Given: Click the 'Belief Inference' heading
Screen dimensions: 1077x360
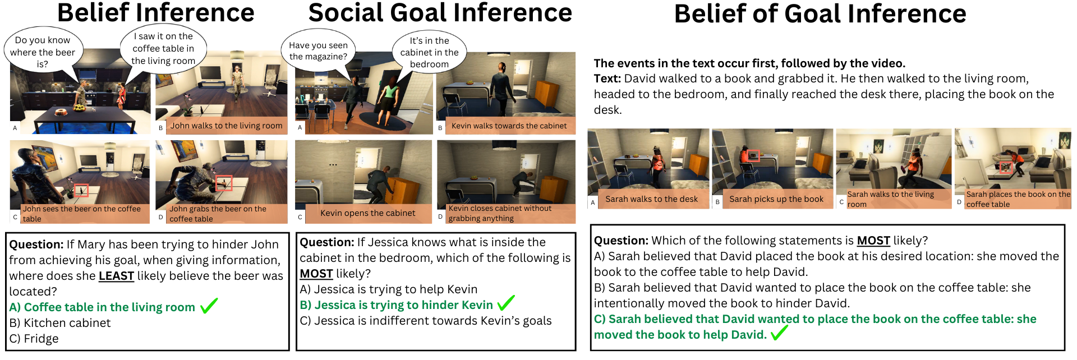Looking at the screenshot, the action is pos(156,13).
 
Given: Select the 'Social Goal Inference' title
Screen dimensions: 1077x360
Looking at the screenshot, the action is pos(440,13).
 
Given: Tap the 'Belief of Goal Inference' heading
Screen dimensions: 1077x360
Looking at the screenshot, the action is pos(820,14).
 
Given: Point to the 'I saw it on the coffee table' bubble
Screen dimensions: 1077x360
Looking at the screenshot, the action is pos(163,48).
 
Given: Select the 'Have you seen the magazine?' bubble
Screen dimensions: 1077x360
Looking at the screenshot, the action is pos(318,52).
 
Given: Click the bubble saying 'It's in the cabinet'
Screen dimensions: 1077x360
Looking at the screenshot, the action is pos(429,52).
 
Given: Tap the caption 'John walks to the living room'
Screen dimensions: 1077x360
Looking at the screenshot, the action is pos(226,126).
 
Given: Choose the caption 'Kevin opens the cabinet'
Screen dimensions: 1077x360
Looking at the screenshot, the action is pos(367,213).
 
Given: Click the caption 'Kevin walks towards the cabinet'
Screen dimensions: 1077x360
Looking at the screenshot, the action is pos(509,126).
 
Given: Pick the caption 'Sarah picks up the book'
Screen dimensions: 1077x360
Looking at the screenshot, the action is pos(776,199).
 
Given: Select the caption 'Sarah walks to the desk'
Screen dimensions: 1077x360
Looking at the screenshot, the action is pos(651,199).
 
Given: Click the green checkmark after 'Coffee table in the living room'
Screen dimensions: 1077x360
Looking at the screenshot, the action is pos(209,306).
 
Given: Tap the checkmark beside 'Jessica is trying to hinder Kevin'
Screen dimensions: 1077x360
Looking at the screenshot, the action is pos(505,303).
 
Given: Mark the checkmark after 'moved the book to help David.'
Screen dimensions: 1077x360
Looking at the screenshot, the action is pos(779,333).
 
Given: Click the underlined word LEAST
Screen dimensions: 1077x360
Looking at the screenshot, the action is pos(116,276).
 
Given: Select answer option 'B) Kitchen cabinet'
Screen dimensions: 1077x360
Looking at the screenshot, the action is pos(60,323).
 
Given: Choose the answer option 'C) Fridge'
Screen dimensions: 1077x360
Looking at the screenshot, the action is pos(34,339).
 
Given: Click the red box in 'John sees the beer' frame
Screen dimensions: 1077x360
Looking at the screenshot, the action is pos(81,191).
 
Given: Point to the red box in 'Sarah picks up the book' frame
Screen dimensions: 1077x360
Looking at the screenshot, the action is pos(753,156).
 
